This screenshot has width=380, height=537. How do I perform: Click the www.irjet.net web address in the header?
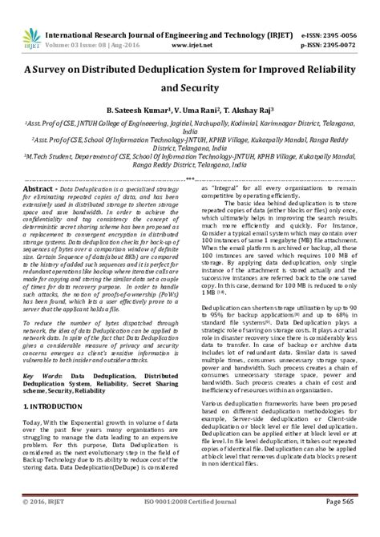(x=189, y=23)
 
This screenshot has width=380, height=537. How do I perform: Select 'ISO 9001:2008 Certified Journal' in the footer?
(x=189, y=525)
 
